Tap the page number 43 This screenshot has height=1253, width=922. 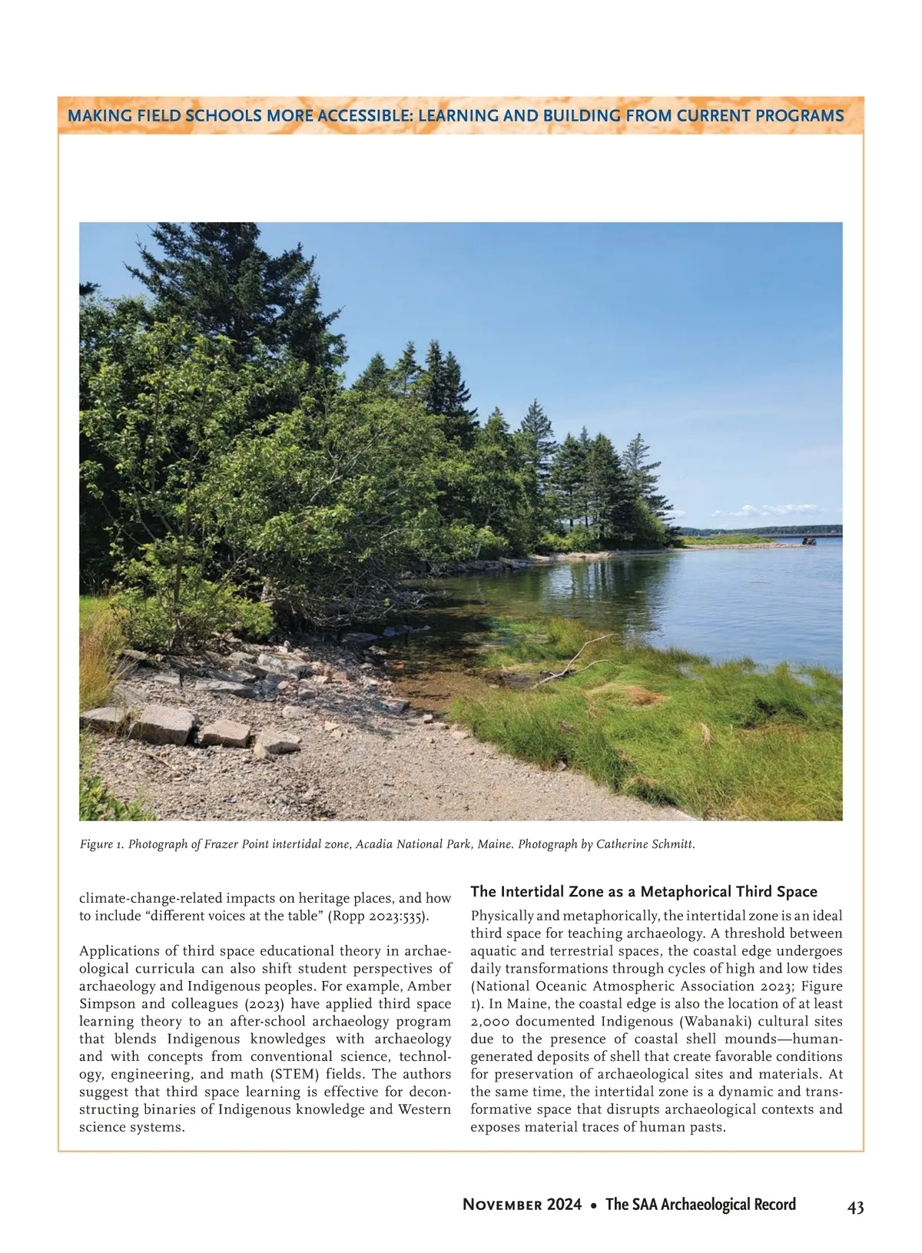tap(855, 1207)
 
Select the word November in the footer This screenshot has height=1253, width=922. tap(502, 1205)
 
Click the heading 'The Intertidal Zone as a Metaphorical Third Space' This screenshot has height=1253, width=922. tap(643, 891)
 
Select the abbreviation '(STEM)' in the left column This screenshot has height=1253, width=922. tap(296, 1074)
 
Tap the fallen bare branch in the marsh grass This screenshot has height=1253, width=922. tap(575, 661)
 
